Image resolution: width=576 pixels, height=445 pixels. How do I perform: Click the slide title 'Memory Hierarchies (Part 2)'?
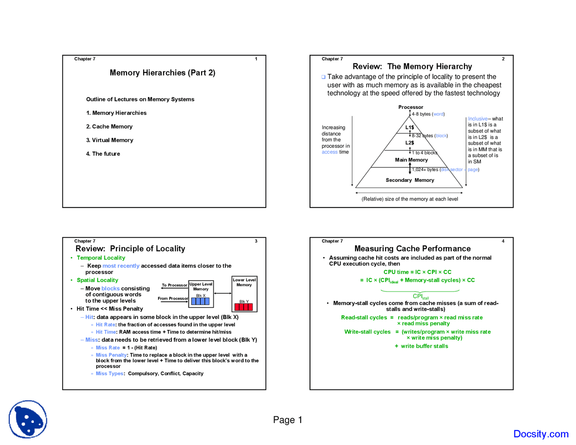tap(162, 73)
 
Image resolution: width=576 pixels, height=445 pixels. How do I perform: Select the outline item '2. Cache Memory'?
tap(109, 127)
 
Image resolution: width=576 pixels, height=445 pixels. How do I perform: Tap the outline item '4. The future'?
tap(103, 154)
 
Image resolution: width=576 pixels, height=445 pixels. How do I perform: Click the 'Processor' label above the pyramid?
tap(410, 108)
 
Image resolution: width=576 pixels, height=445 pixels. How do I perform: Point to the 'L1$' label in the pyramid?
tap(409, 128)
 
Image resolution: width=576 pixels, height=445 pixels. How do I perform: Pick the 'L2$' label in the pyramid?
tap(409, 143)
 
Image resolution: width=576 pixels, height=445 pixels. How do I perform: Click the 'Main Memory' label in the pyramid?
tap(411, 160)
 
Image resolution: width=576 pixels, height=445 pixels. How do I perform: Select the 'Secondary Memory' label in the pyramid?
tap(409, 180)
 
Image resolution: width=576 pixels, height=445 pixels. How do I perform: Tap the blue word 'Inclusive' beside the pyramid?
tap(477, 119)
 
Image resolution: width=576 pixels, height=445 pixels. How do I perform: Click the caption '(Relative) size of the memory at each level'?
tap(409, 199)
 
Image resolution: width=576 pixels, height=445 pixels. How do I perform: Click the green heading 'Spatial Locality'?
tap(97, 280)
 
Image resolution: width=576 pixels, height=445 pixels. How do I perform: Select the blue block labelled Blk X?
tap(200, 301)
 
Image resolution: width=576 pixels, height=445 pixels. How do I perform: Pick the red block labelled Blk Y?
tap(243, 307)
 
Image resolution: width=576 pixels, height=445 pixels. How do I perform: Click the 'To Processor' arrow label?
tap(174, 285)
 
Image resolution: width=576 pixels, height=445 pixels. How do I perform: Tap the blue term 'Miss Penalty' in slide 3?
tap(111, 355)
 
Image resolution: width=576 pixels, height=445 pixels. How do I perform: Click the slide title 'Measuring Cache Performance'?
tap(412, 249)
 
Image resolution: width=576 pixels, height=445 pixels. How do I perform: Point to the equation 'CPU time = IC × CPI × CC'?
tap(417, 272)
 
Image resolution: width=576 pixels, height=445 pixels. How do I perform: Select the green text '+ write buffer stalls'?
tap(421, 346)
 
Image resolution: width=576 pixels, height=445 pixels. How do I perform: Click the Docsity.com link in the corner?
tap(540, 434)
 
